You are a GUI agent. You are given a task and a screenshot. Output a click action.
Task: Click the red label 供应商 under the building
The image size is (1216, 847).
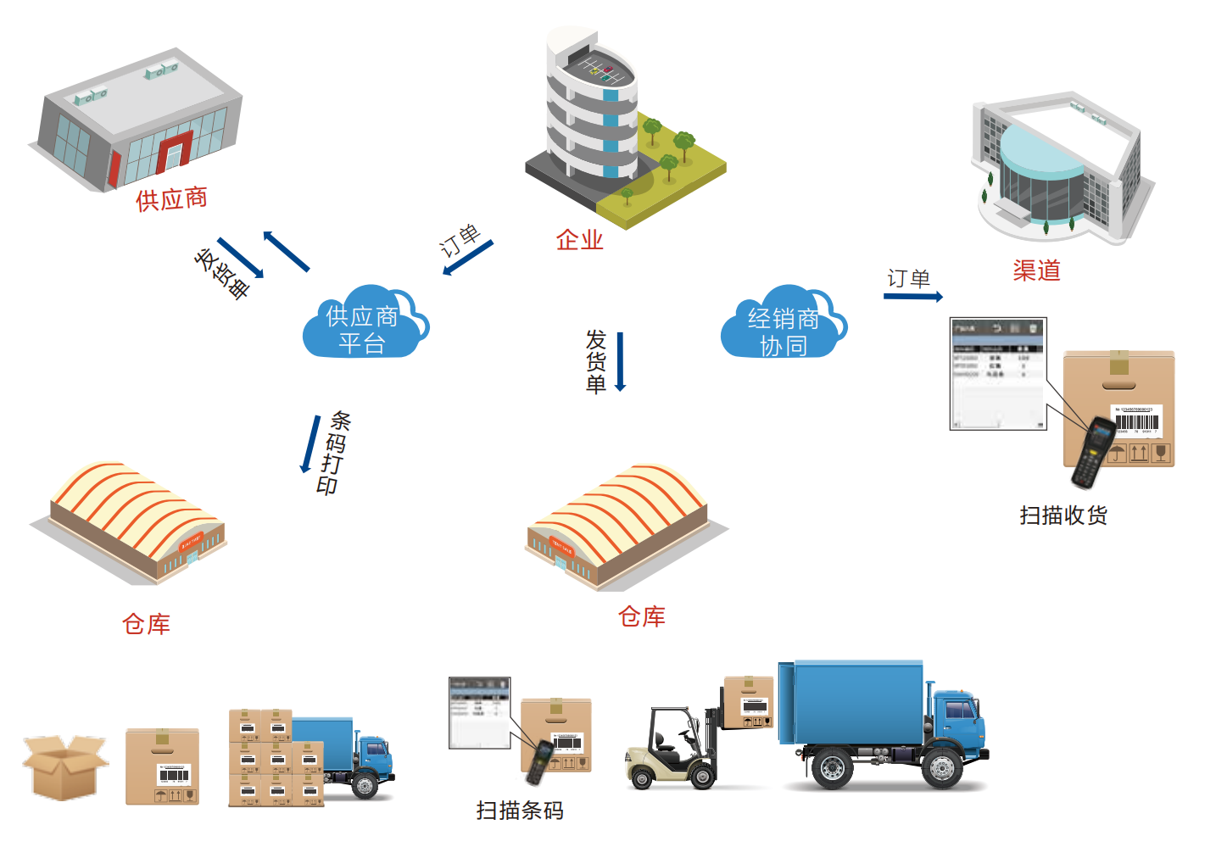click(x=171, y=199)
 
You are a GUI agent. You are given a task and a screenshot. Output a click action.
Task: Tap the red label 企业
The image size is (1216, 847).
click(x=579, y=240)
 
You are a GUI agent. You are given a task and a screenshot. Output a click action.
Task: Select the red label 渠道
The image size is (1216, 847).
click(x=1036, y=270)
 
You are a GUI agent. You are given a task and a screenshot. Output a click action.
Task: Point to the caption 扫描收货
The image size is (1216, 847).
click(x=1063, y=515)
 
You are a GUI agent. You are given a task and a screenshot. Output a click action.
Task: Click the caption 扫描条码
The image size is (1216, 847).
click(x=520, y=811)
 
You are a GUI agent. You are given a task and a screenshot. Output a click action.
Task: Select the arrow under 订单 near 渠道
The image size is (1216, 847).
click(x=913, y=297)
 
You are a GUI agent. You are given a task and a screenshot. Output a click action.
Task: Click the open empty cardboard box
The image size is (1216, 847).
click(x=64, y=766)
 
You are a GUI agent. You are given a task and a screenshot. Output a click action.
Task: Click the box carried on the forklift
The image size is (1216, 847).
click(x=749, y=703)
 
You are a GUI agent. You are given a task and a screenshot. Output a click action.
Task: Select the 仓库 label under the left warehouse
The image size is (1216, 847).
click(x=146, y=625)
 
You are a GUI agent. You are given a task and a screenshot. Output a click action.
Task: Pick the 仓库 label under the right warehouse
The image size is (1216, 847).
click(x=642, y=617)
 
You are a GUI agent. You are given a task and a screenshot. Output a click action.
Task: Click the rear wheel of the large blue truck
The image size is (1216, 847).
click(x=832, y=768)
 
